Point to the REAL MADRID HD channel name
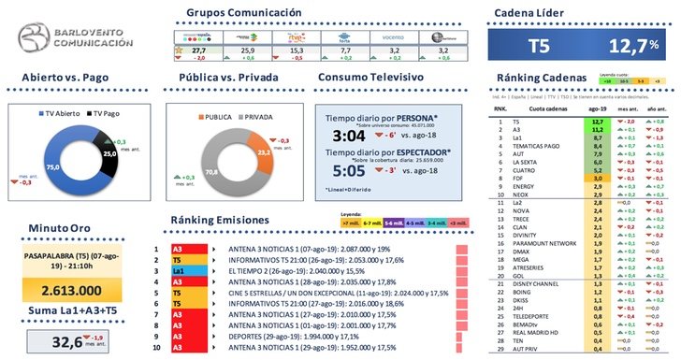click(537, 332)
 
